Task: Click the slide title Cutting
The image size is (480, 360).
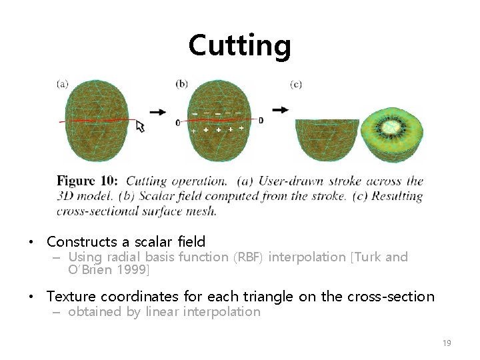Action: [239, 46]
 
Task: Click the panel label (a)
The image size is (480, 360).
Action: [62, 83]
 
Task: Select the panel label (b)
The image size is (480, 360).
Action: [181, 83]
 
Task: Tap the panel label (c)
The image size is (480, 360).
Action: [296, 83]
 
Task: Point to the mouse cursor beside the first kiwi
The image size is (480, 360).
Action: [140, 125]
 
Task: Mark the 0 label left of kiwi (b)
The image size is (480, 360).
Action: [178, 123]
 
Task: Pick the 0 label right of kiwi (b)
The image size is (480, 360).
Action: [261, 120]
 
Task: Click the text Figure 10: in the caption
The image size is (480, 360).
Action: [87, 181]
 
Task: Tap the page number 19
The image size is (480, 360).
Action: [447, 343]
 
